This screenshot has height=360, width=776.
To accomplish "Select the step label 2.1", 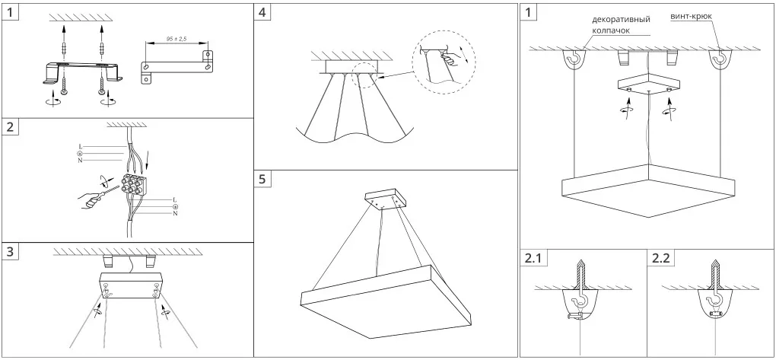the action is point(533,258).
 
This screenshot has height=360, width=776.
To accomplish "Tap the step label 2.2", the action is point(660,258).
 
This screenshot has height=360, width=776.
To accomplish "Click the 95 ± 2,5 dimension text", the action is point(176,38).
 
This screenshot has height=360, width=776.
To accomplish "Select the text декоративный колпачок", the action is point(621,24).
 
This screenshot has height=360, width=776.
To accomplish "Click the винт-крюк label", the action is point(692,16).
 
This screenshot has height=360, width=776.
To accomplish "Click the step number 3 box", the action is point(10,252).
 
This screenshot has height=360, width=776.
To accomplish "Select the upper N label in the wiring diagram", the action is point(80,161).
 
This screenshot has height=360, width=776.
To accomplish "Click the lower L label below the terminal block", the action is point(175,199).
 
